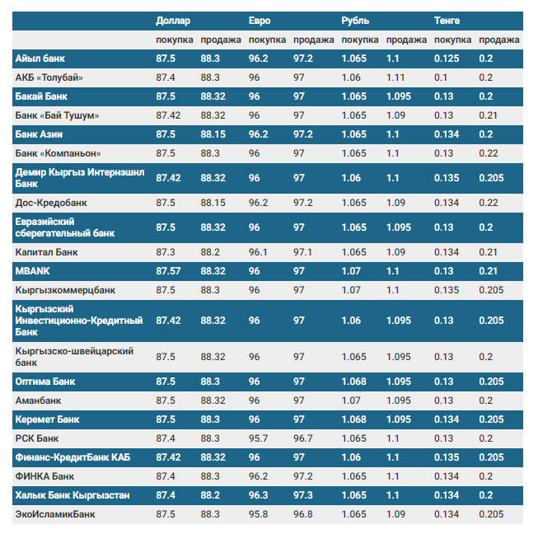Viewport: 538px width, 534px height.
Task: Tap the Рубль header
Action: [x=355, y=21]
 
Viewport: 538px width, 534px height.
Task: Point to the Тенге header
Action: [x=447, y=21]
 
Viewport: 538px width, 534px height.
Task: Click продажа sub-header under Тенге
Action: [x=499, y=40]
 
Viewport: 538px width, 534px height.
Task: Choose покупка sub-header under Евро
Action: [x=267, y=40]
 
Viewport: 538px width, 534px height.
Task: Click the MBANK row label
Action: [x=33, y=270]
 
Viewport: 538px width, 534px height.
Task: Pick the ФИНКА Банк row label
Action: [x=44, y=476]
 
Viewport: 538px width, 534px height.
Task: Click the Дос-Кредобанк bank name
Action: [x=51, y=202]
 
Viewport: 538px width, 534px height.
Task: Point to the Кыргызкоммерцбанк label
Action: [x=65, y=290]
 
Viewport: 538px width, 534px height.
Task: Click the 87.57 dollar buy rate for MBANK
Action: [x=167, y=270]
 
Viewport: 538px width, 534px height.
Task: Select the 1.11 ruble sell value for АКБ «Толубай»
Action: [x=395, y=77]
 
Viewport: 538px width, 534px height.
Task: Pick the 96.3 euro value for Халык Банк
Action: [x=259, y=495]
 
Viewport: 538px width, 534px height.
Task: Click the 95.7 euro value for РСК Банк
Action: [x=259, y=438]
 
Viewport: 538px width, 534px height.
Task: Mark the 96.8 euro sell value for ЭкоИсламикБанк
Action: [x=303, y=514]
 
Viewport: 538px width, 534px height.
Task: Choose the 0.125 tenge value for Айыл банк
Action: [x=447, y=59]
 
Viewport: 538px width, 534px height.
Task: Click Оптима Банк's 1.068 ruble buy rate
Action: [x=354, y=382]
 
